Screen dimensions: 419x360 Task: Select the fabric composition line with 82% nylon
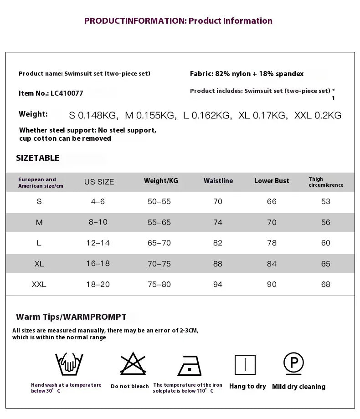[247, 74]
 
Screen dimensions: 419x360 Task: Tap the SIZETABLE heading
[38, 158]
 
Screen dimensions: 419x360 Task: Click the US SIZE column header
[99, 182]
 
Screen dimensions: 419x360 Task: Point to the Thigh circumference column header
[325, 182]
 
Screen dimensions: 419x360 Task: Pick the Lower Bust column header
[272, 181]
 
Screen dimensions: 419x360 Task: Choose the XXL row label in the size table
[39, 284]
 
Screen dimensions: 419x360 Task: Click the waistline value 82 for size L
[218, 243]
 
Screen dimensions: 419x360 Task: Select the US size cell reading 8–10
[98, 222]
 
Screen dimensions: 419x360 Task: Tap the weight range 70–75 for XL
[159, 264]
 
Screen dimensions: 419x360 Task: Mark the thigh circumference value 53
[325, 201]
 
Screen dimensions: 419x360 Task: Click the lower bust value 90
[272, 284]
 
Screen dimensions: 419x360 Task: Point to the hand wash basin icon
[69, 364]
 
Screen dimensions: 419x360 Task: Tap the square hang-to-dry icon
[245, 365]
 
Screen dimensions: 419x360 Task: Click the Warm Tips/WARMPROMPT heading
[71, 317]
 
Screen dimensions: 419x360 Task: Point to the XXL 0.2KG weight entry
[318, 116]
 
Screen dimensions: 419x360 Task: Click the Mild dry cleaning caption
[298, 387]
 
